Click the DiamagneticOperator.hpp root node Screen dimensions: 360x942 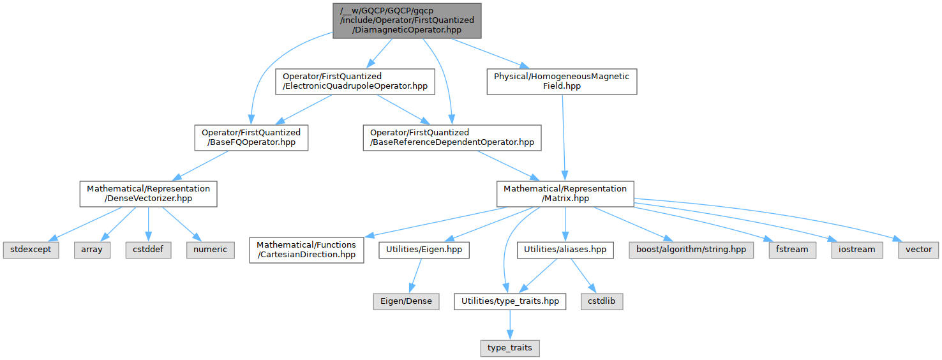(407, 20)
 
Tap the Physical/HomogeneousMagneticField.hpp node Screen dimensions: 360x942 (562, 81)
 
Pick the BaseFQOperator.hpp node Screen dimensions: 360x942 (251, 137)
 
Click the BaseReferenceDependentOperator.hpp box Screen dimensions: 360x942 (452, 137)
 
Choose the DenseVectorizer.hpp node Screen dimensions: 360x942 (148, 193)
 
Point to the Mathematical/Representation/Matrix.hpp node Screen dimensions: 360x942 (565, 193)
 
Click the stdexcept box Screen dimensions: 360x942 (30, 249)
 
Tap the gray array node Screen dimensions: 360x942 (91, 249)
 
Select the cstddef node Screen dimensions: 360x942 (148, 249)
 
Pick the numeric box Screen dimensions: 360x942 (210, 249)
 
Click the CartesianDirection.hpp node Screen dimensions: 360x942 (307, 249)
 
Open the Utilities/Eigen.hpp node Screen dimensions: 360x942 (424, 249)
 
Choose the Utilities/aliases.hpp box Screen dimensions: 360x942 (565, 249)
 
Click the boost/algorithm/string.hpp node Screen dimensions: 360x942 (691, 249)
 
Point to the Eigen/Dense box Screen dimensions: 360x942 (407, 301)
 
